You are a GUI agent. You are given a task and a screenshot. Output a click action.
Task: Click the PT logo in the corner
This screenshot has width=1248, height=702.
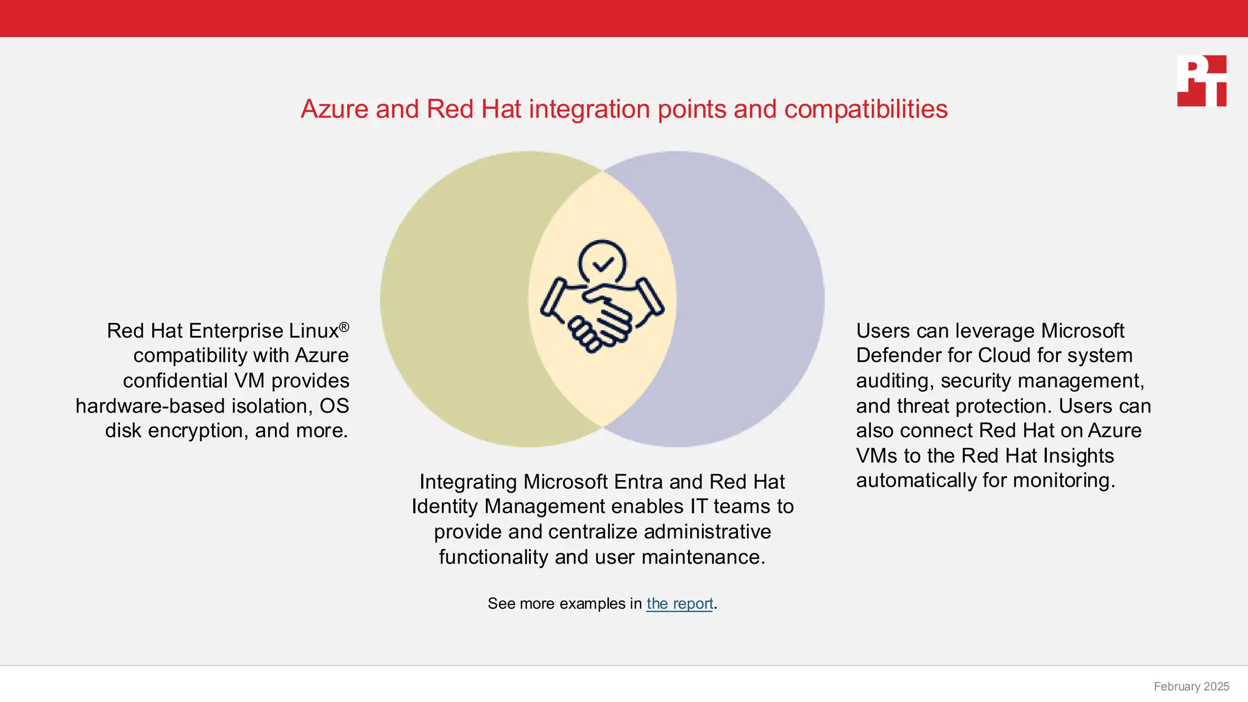pyautogui.click(x=1201, y=81)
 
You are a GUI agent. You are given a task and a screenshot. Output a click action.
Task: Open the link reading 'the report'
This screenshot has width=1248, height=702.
pyautogui.click(x=679, y=603)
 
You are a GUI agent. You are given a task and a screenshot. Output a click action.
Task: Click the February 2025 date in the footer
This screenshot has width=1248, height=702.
pyautogui.click(x=1191, y=686)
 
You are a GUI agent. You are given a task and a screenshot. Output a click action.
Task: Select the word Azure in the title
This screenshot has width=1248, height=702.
pyautogui.click(x=335, y=110)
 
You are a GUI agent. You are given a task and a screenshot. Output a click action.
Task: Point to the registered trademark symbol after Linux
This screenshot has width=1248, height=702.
pyautogui.click(x=344, y=327)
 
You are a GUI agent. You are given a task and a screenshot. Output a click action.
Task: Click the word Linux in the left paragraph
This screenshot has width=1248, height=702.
pyautogui.click(x=313, y=331)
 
